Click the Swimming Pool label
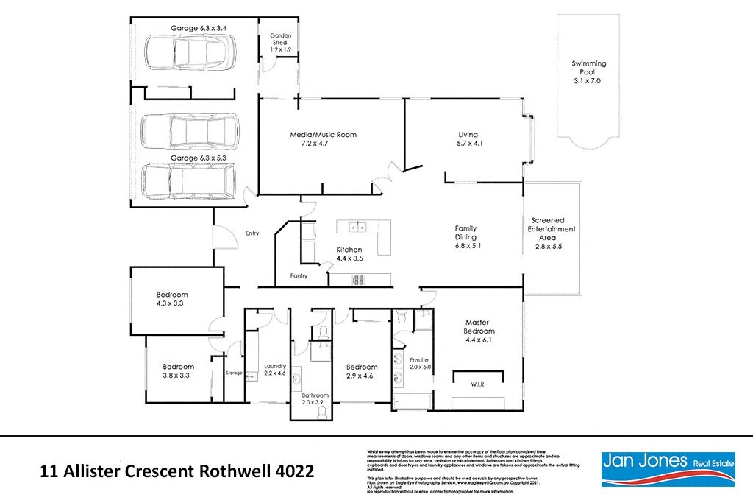click(589, 72)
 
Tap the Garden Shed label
click(279, 42)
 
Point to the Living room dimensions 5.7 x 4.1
click(468, 144)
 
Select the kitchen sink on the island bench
click(357, 226)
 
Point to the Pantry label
click(298, 276)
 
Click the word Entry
click(252, 233)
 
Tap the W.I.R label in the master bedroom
click(478, 383)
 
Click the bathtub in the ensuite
click(411, 402)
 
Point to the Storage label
click(234, 373)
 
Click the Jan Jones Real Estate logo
click(659, 468)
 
